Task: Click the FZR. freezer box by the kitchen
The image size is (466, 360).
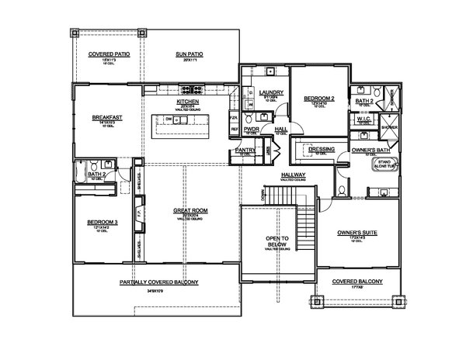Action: click(x=234, y=118)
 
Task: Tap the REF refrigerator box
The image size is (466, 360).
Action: click(x=234, y=130)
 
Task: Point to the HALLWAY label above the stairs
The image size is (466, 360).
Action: click(x=292, y=176)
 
